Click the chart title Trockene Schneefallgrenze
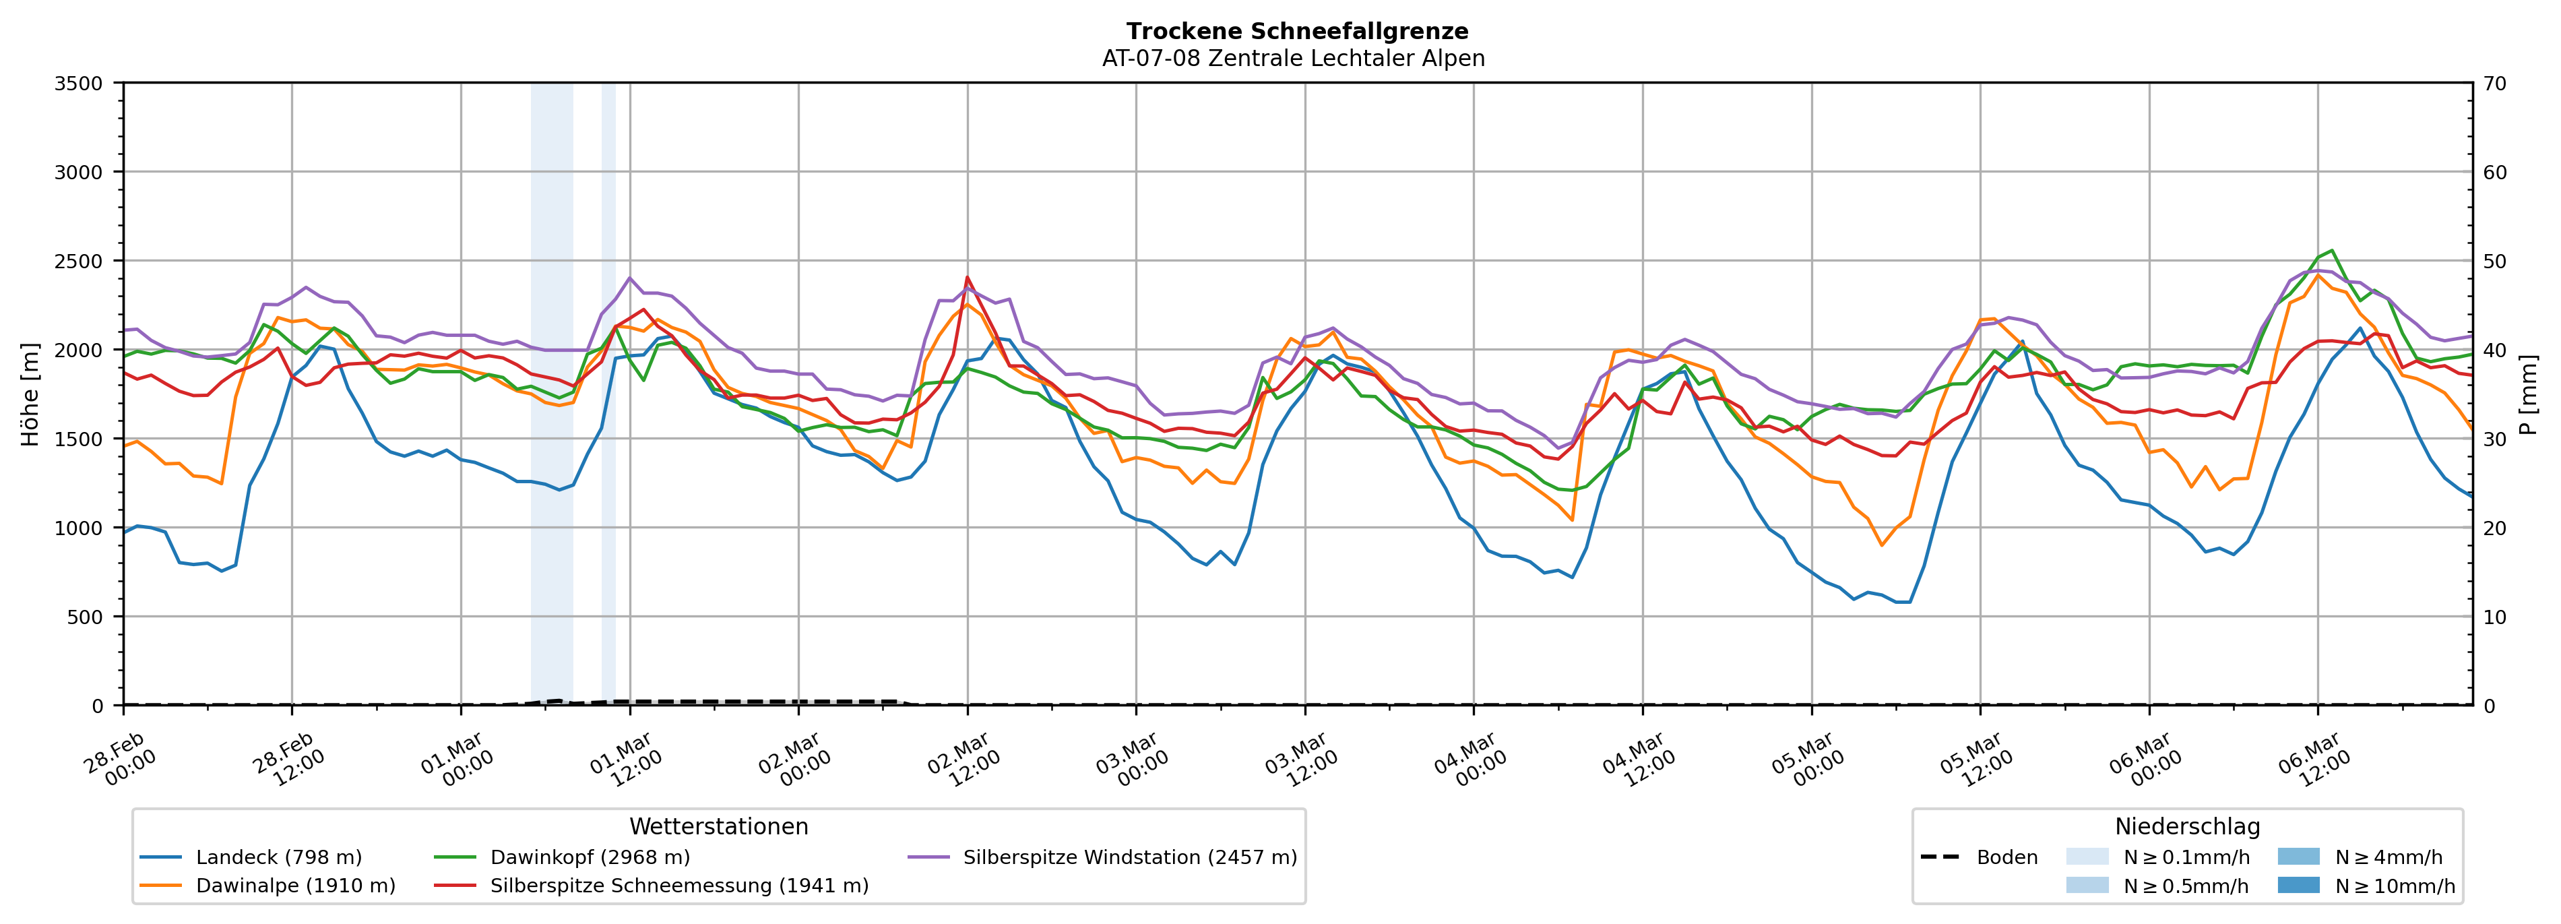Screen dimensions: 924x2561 click(1296, 32)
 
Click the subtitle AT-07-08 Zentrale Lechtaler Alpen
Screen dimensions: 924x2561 click(1292, 59)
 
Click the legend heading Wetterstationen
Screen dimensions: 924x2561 click(719, 826)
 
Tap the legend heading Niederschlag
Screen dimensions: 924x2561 click(2187, 826)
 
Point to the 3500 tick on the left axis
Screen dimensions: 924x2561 click(79, 84)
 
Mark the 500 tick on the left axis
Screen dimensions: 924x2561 click(84, 617)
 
